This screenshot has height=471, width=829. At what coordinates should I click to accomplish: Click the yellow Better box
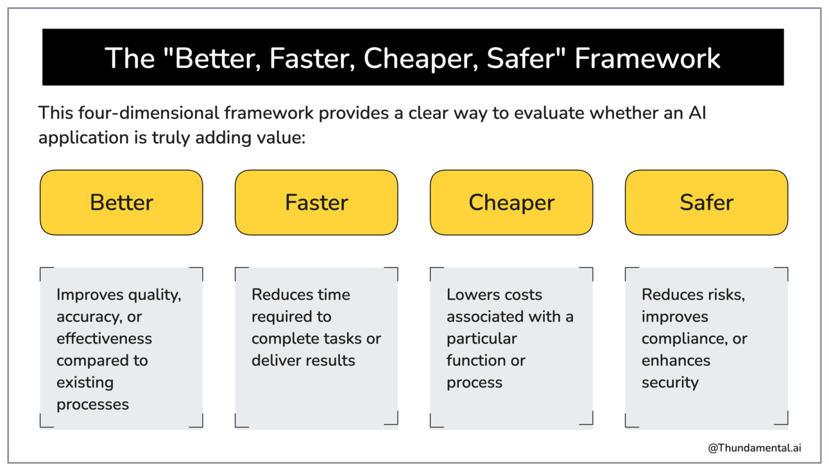pos(121,202)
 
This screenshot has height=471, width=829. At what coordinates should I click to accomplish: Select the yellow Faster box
pos(316,202)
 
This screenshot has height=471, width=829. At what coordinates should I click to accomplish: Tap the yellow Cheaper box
pos(511,202)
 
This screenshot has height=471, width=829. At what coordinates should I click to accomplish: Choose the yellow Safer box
pos(706,202)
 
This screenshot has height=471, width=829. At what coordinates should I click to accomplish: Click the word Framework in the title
pos(647,58)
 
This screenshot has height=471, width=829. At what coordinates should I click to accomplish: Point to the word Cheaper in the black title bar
pos(421,59)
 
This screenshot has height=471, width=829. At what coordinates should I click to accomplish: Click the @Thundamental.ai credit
pos(755,448)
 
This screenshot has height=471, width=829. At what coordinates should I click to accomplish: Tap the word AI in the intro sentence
pos(697,113)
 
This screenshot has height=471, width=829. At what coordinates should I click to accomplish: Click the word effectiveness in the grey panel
pos(105,338)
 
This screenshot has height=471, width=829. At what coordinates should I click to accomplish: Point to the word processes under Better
pos(92,405)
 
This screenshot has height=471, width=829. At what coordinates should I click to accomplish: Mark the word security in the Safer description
pos(671,383)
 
